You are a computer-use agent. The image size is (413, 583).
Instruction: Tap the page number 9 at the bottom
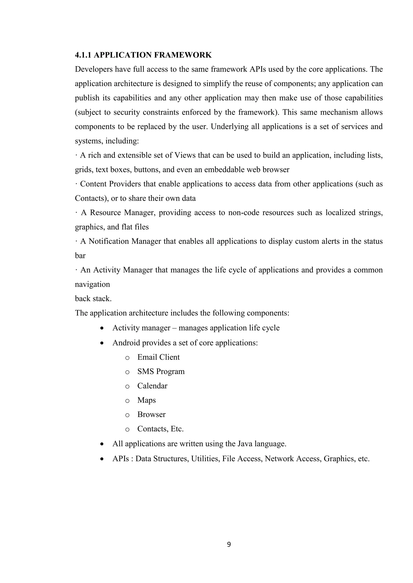(x=229, y=544)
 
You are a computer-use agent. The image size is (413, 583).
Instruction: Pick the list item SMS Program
(x=161, y=371)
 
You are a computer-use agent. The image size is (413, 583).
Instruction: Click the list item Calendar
(x=152, y=386)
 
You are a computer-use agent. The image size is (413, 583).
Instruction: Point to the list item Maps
(x=146, y=400)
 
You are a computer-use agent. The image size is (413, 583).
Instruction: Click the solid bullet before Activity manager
(x=102, y=328)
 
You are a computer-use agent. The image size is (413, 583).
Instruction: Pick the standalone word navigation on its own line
(x=92, y=284)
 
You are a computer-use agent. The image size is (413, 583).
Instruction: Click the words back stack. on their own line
(x=93, y=299)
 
